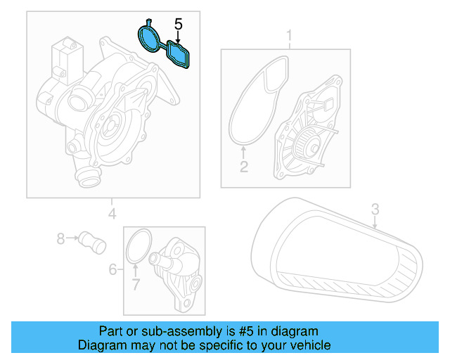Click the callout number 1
point(288,35)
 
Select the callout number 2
point(244,167)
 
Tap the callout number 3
point(375,209)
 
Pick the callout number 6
point(112,269)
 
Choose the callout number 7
point(136,284)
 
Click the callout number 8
point(60,239)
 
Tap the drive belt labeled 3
point(337,253)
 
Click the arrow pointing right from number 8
point(72,239)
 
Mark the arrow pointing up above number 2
point(244,153)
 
